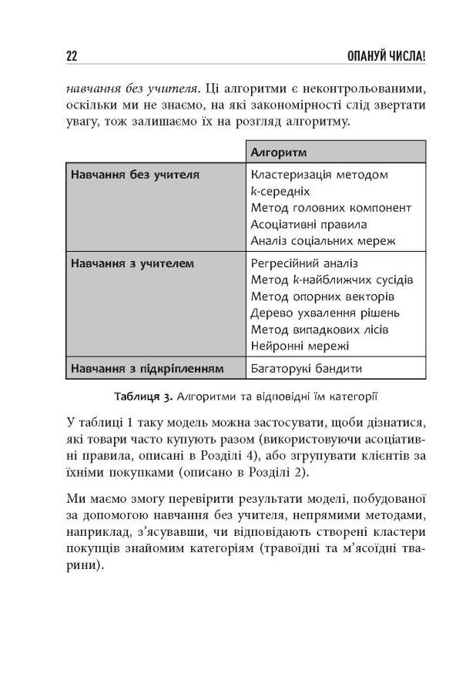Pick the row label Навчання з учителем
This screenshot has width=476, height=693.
tap(132, 263)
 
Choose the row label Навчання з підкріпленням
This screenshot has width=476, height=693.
tap(146, 368)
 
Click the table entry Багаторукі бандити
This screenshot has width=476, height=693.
tap(306, 368)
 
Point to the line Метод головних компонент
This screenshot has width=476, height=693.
tap(331, 208)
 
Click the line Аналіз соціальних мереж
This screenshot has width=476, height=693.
tap(323, 241)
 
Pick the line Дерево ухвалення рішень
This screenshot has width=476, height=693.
tap(326, 313)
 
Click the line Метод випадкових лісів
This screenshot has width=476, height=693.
tap(320, 330)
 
